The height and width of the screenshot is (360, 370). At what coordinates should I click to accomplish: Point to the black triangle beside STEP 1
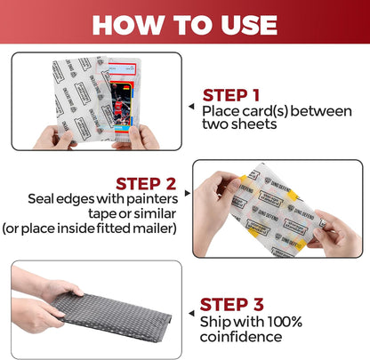[x=191, y=104]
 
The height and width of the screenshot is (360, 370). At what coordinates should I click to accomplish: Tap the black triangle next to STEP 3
[x=190, y=315]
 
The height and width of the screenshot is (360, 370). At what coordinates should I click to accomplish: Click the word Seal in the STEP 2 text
[x=44, y=198]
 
